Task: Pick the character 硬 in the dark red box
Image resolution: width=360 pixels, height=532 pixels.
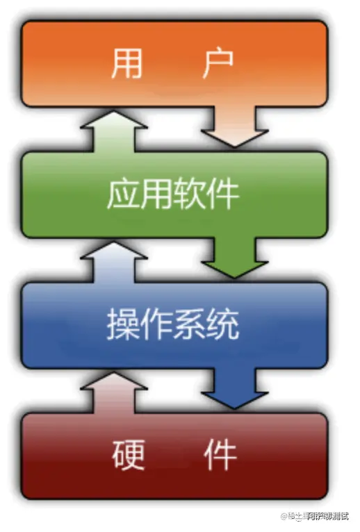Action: (x=128, y=455)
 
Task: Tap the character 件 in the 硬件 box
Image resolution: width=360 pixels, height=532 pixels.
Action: (x=220, y=455)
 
